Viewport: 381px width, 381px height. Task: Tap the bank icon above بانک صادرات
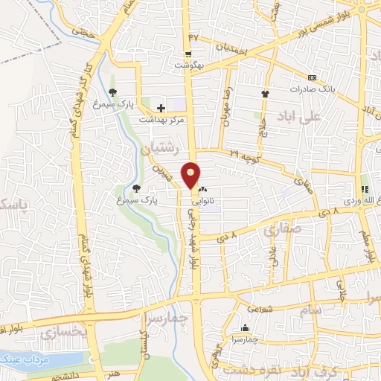tap(311, 77)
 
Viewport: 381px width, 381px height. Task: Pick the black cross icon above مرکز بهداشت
tap(161, 109)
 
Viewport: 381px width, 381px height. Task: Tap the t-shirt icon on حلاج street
tap(264, 94)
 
